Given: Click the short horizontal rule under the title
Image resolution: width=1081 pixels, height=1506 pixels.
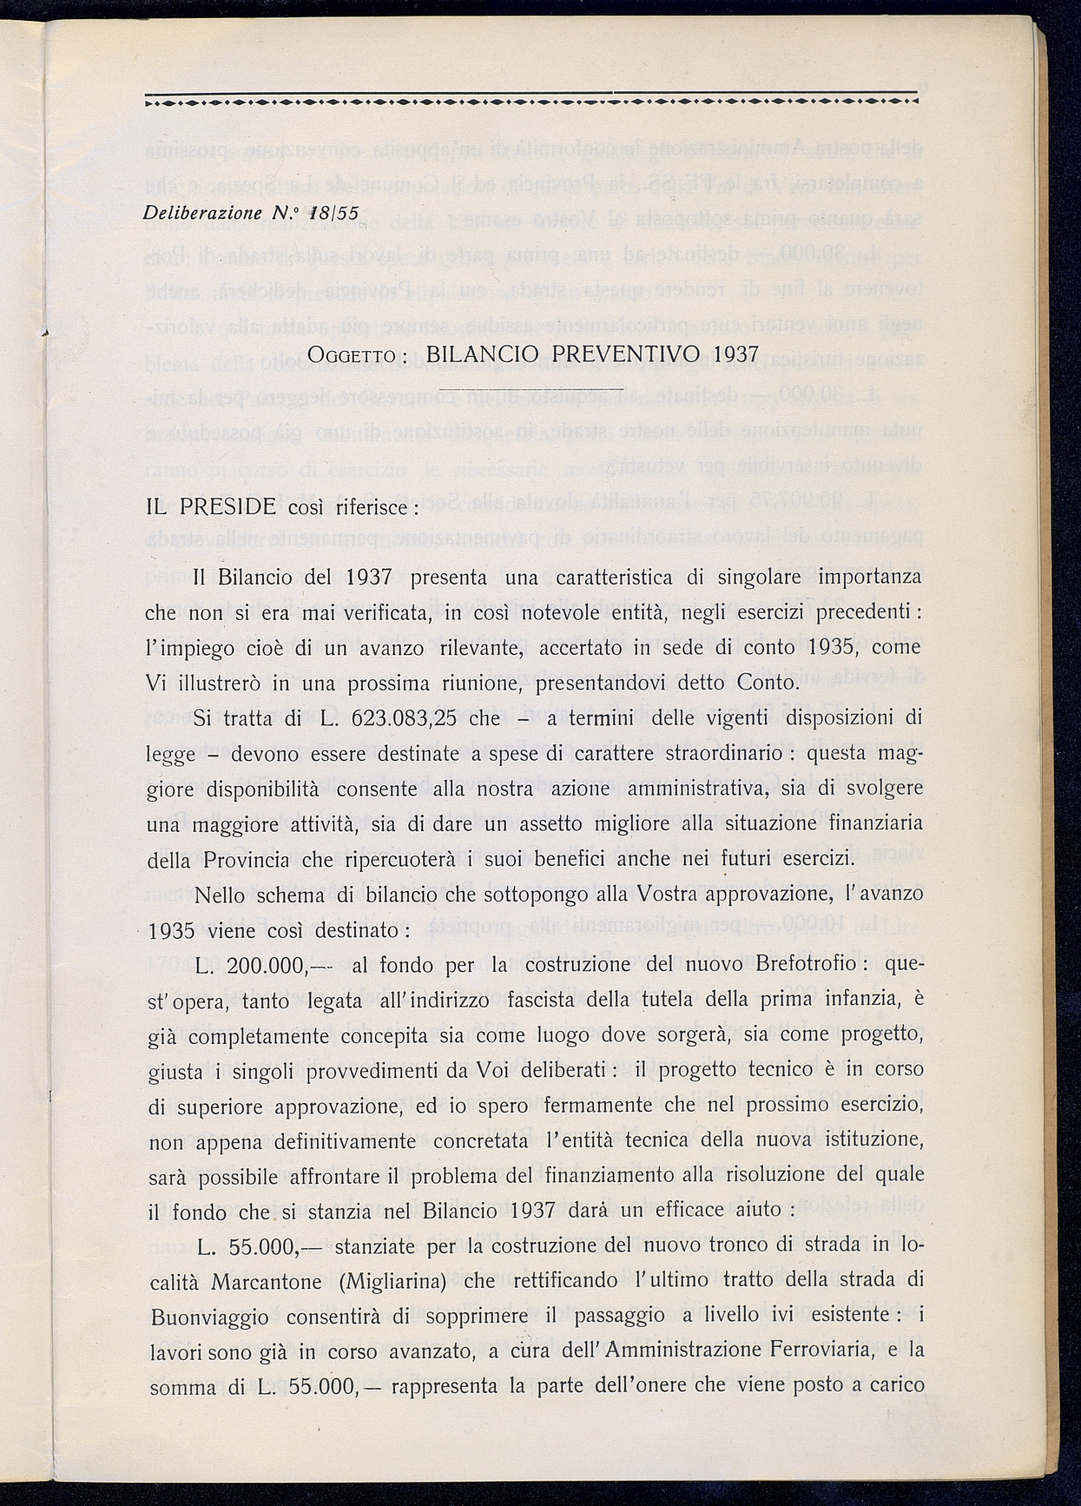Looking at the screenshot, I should (x=531, y=389).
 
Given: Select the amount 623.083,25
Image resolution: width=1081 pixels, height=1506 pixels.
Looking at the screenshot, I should (x=404, y=718).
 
